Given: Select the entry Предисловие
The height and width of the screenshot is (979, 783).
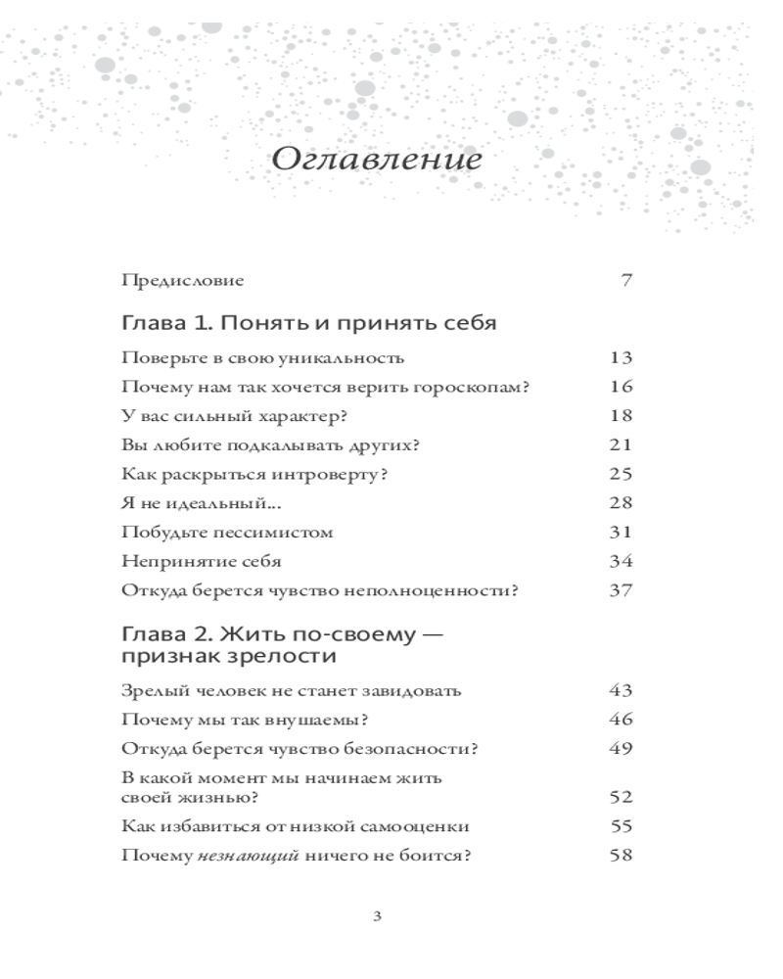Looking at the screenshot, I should [x=182, y=281].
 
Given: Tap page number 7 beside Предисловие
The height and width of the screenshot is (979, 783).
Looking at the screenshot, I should [x=626, y=281].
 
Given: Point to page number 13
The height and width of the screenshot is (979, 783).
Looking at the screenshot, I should [x=622, y=357].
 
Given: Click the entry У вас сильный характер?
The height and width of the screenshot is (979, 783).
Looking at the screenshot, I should [x=235, y=416].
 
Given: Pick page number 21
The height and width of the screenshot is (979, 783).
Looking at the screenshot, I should [x=622, y=445].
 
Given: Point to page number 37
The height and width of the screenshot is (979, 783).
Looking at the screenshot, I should [x=622, y=591].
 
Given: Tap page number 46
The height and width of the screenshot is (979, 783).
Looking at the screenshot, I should [x=622, y=721].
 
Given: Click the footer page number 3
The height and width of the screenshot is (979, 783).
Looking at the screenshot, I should [x=378, y=917].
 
